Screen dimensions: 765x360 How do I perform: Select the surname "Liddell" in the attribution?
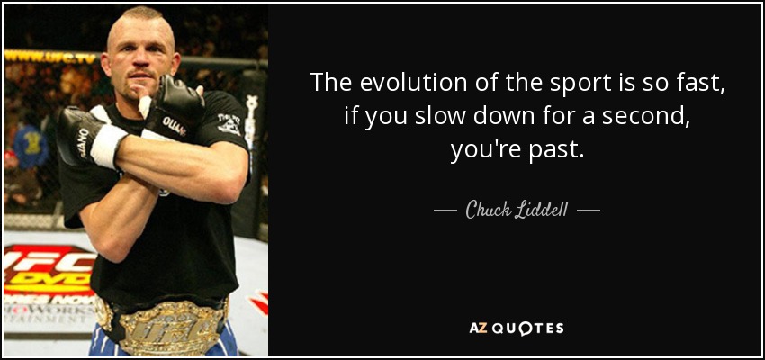[x=540, y=211]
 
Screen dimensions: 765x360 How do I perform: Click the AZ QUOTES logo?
[x=517, y=328]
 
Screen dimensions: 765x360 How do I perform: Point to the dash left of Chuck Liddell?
[x=445, y=211]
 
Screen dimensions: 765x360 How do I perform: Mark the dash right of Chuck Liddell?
[x=589, y=211]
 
